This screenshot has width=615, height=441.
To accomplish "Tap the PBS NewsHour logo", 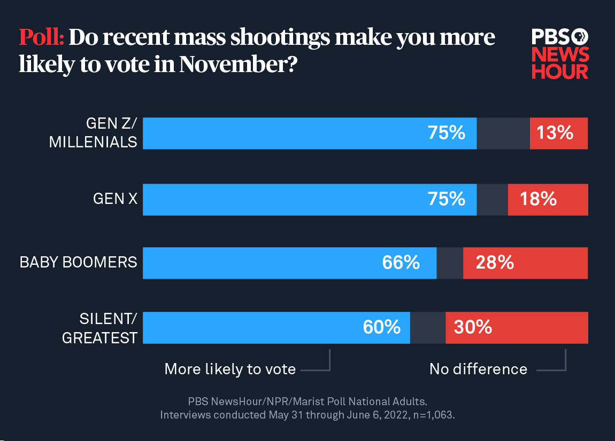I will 560,54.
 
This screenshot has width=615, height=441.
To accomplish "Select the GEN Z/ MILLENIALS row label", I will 93,133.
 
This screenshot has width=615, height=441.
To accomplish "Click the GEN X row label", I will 115,199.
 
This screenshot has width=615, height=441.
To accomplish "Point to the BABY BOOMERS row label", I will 78,263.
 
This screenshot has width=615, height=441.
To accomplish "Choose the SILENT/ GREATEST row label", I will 100,328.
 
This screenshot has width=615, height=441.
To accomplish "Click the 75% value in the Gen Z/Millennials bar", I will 446,133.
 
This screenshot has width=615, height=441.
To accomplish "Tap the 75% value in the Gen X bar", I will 446,199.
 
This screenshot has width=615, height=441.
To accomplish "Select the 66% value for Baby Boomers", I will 401,263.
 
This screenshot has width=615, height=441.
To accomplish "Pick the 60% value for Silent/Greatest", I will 381,327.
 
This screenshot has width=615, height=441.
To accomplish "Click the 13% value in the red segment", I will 555,133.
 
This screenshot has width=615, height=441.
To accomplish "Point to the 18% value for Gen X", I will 538,199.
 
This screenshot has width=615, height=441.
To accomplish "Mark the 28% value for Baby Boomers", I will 495,263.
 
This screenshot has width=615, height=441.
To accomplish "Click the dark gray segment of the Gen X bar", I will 492,199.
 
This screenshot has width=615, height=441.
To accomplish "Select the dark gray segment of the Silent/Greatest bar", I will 427,327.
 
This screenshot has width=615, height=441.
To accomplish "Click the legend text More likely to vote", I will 230,369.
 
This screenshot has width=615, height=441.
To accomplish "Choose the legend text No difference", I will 478,369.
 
